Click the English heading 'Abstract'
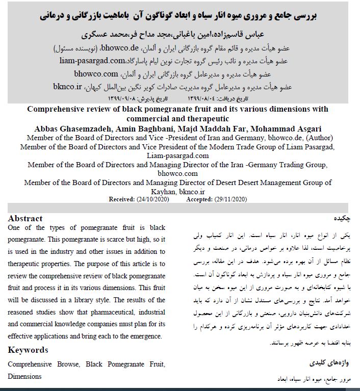[x=25, y=218]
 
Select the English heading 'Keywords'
[x=28, y=350]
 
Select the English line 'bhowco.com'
[x=177, y=174]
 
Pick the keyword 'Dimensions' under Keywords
[x=25, y=376]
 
